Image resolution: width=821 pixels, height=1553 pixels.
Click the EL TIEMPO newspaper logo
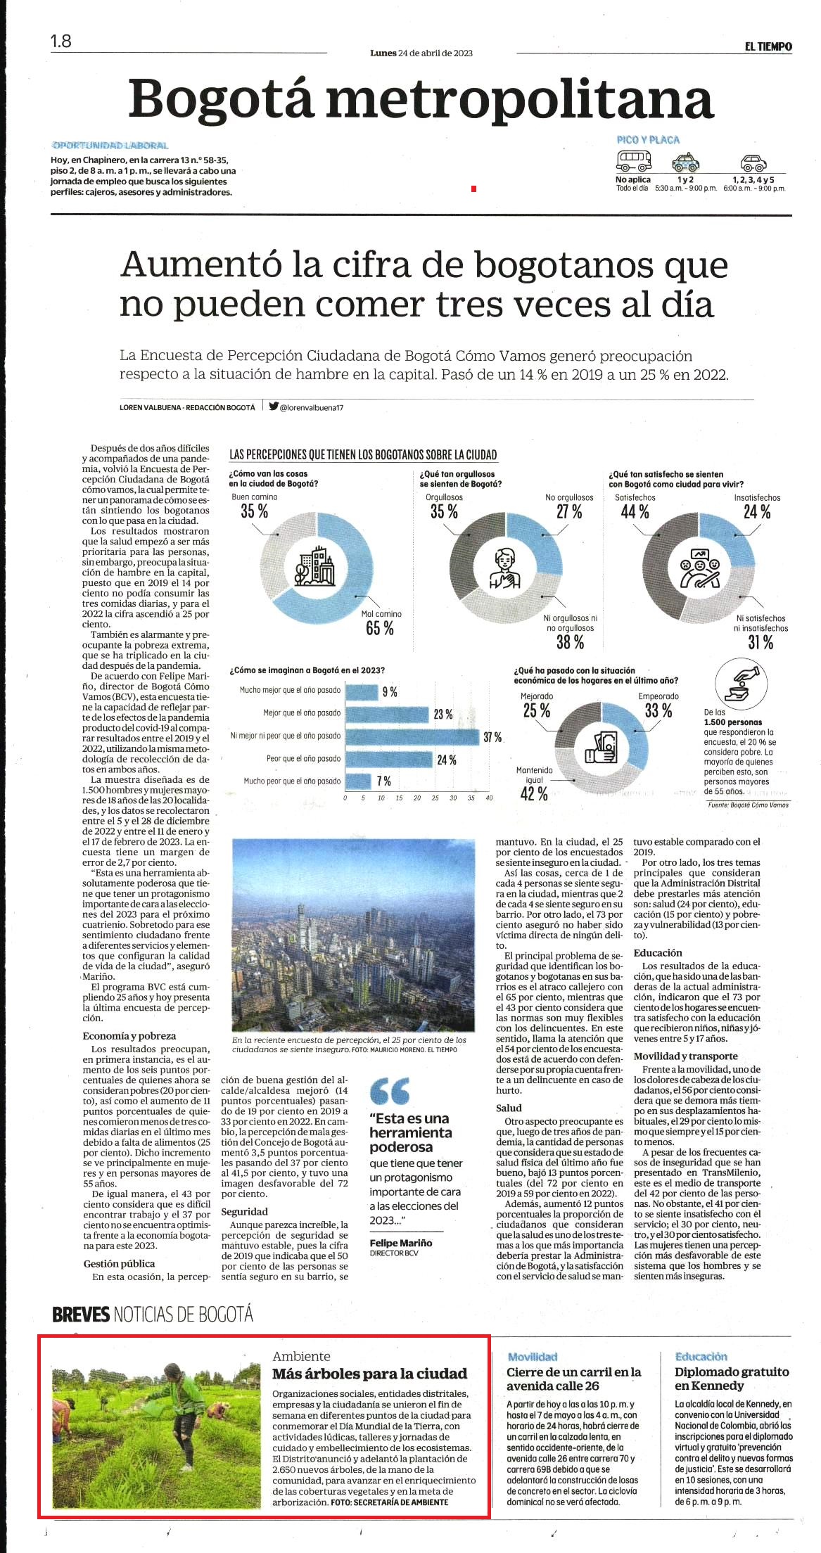(768, 46)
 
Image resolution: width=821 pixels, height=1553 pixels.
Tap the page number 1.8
(61, 41)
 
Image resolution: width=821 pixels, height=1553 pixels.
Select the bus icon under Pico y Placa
(634, 161)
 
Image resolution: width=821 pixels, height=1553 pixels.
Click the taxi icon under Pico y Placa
(685, 162)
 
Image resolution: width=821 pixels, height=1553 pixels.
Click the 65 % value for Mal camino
(380, 628)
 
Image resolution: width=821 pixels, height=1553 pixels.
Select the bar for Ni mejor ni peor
(413, 736)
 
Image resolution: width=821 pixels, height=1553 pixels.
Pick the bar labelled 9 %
(362, 691)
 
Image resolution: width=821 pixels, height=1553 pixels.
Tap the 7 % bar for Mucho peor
(358, 781)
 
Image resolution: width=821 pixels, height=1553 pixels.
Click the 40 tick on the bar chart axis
(489, 798)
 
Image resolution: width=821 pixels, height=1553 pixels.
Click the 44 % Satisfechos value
(635, 511)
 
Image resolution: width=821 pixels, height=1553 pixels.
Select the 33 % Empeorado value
(658, 710)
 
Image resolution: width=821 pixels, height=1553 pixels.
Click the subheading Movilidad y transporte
(686, 1056)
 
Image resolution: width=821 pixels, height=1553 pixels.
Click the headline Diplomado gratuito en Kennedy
(732, 1378)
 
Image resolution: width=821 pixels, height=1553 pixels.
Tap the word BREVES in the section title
(81, 1313)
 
